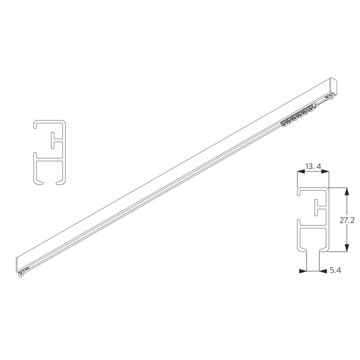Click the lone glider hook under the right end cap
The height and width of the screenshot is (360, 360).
[x=333, y=96]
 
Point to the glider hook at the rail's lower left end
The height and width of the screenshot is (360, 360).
[x=21, y=275]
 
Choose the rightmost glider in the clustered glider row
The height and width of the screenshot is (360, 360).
[x=310, y=108]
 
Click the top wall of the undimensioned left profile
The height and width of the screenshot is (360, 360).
[x=49, y=122]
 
